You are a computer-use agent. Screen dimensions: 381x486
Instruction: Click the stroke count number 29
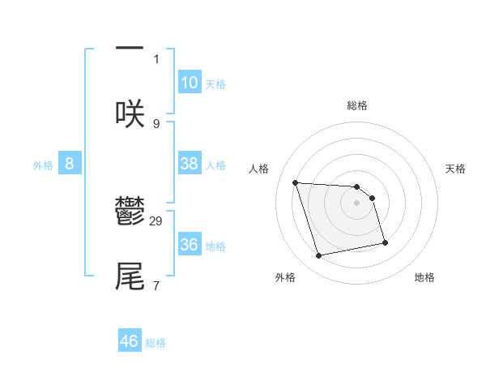pyautogui.click(x=157, y=220)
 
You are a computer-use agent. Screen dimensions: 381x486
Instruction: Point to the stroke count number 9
pyautogui.click(x=156, y=123)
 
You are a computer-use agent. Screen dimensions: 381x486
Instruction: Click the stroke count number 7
pyautogui.click(x=156, y=285)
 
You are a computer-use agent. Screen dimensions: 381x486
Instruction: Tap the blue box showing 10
pyautogui.click(x=190, y=83)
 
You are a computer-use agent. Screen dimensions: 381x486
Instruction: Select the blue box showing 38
pyautogui.click(x=190, y=164)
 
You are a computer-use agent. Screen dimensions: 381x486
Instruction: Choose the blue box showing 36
pyautogui.click(x=190, y=245)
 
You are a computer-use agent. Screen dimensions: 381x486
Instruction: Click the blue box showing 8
pyautogui.click(x=70, y=164)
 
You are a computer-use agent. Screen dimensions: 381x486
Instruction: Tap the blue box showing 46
pyautogui.click(x=130, y=341)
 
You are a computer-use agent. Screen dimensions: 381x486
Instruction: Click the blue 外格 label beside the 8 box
pyautogui.click(x=43, y=165)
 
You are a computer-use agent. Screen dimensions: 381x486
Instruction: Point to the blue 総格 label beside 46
pyautogui.click(x=156, y=343)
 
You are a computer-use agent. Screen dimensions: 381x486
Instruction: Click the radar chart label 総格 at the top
pyautogui.click(x=357, y=105)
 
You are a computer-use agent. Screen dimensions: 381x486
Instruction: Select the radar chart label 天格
pyautogui.click(x=456, y=169)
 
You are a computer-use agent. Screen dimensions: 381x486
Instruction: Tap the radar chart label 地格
pyautogui.click(x=424, y=277)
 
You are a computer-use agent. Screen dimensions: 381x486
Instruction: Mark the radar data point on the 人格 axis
pyautogui.click(x=296, y=182)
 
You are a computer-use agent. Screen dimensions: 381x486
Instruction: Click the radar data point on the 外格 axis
pyautogui.click(x=319, y=256)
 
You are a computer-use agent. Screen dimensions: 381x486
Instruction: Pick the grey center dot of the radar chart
pyautogui.click(x=357, y=203)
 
